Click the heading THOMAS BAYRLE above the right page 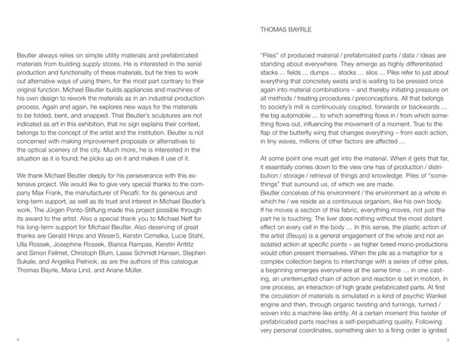tap(284, 29)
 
